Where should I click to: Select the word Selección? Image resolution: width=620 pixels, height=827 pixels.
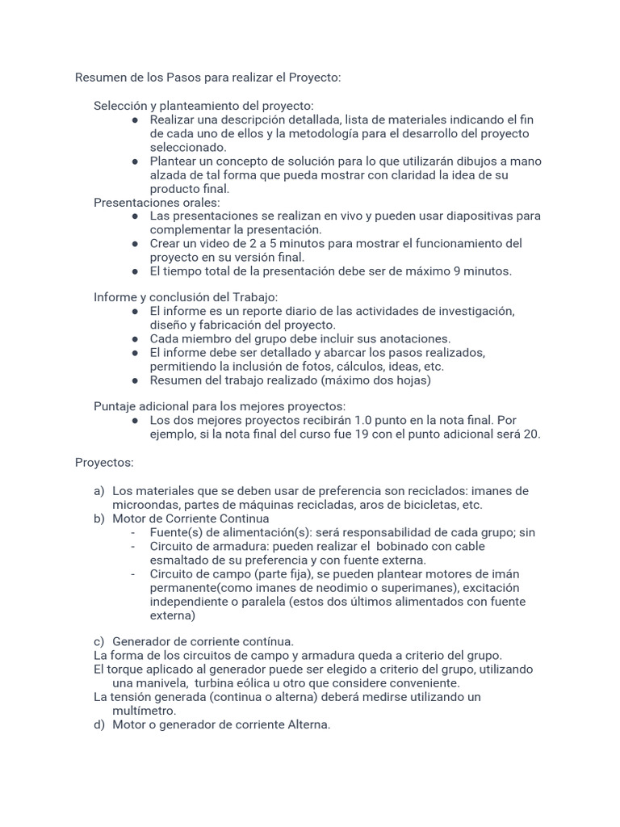(120, 106)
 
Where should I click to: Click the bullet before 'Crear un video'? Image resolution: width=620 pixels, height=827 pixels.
(136, 243)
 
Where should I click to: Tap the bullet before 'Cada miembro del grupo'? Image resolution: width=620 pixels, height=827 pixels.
(136, 338)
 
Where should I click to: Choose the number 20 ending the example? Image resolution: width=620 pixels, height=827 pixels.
(532, 434)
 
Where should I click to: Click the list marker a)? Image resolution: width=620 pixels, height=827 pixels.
(99, 491)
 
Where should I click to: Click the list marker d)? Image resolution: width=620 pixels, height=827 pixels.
(99, 724)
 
